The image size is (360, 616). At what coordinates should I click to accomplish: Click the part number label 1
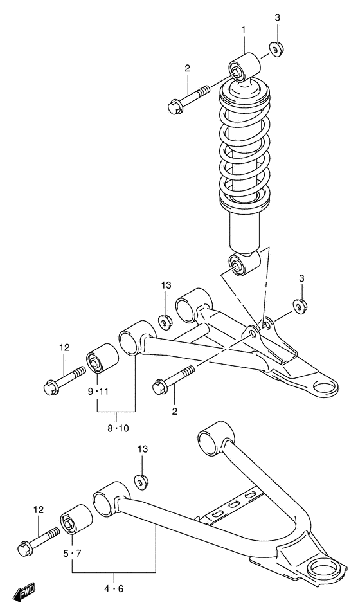(x=244, y=30)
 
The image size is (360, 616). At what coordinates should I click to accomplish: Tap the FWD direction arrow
(x=26, y=592)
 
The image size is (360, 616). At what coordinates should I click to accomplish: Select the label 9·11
(x=98, y=391)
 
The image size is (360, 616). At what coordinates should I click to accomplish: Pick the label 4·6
(x=114, y=587)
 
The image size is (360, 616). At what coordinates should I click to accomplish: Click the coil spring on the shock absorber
(x=246, y=154)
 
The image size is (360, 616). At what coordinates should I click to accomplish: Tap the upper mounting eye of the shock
(x=244, y=68)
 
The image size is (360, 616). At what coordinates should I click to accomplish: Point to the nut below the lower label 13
(x=140, y=480)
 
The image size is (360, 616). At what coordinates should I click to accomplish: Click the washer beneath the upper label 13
(x=165, y=320)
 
